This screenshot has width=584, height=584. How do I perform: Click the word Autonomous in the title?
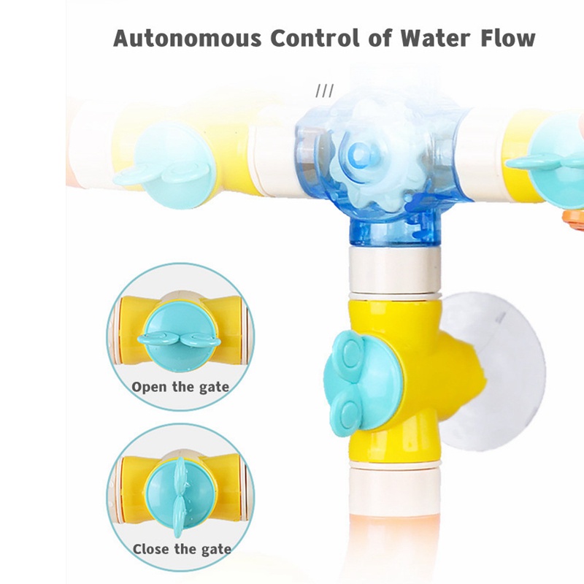[x=188, y=38]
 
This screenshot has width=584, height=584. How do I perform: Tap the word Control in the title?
[x=315, y=38]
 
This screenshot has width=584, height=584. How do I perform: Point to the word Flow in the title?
[x=508, y=38]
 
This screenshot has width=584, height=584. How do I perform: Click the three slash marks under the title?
[x=325, y=91]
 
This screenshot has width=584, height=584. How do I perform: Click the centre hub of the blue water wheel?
[x=360, y=154]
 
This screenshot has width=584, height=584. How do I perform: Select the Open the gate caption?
[x=180, y=387]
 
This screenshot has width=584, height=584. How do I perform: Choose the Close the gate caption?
[x=182, y=550]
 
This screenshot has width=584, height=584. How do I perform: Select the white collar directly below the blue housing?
[x=394, y=269]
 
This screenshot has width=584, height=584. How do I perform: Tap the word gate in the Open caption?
[x=214, y=388]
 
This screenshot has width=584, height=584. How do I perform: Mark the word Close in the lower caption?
[x=153, y=549]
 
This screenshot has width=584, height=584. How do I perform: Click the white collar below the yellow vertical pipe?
[x=394, y=485]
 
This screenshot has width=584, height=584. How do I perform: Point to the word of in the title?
[x=380, y=38]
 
